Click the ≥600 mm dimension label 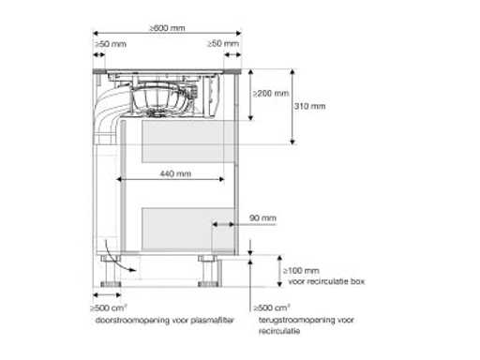pyautogui.click(x=167, y=28)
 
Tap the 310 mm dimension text pyautogui.click(x=309, y=106)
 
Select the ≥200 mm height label pyautogui.click(x=271, y=94)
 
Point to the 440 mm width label pyautogui.click(x=175, y=173)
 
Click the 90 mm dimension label pyautogui.click(x=262, y=217)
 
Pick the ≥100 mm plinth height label pyautogui.click(x=301, y=271)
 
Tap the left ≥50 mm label pyautogui.click(x=111, y=44)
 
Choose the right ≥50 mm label pyautogui.click(x=223, y=43)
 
